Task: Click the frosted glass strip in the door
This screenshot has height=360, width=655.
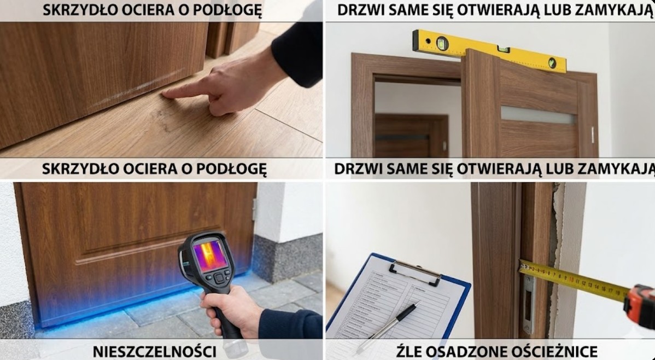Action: coord(539,114)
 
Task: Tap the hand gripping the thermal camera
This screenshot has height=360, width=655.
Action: coord(230,310)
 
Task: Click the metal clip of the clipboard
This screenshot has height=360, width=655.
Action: coord(416,271)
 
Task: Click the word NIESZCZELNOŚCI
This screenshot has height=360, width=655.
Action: coord(155,351)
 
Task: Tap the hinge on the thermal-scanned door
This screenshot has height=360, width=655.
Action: coord(254,209)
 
